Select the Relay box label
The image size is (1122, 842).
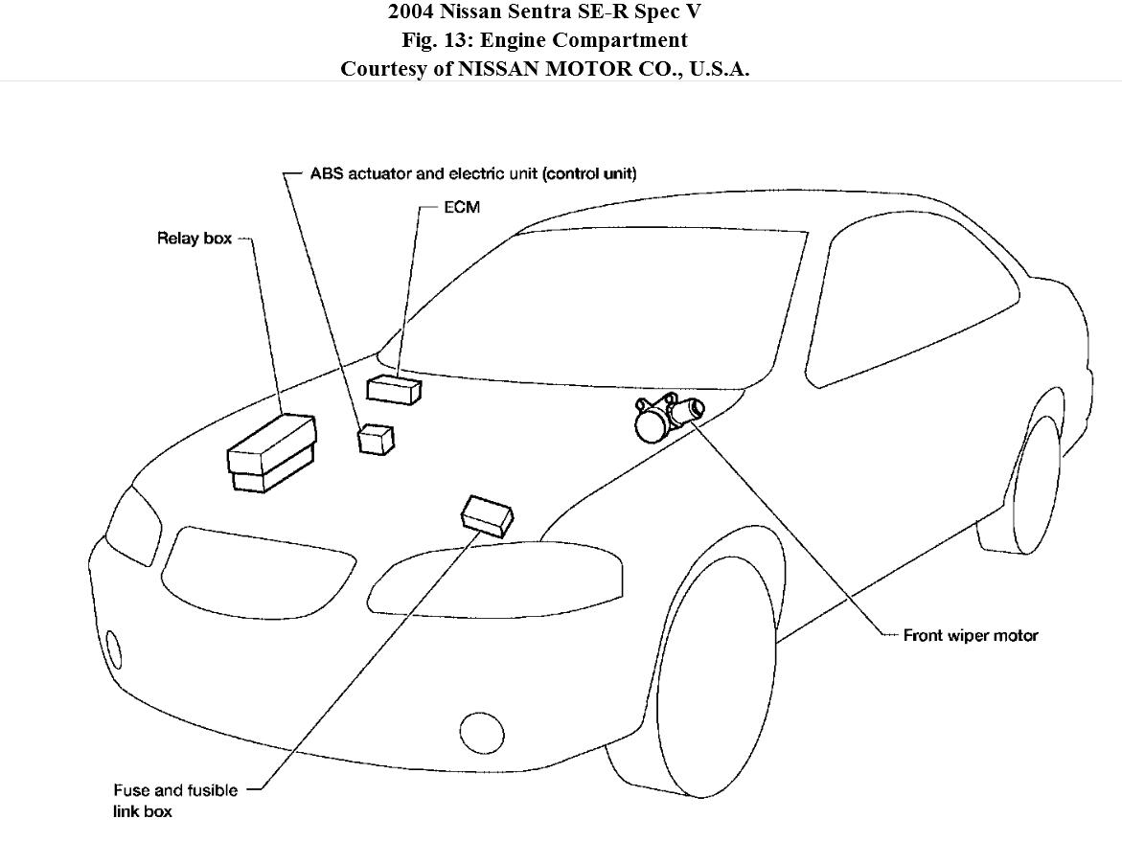click(195, 239)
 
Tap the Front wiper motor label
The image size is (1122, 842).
click(971, 635)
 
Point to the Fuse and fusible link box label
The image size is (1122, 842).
click(160, 801)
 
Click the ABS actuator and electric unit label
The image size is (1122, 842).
click(473, 173)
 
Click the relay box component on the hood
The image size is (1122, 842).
click(272, 452)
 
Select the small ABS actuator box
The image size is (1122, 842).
click(375, 439)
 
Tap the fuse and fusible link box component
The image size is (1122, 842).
click(488, 514)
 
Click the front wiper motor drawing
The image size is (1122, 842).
click(668, 417)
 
